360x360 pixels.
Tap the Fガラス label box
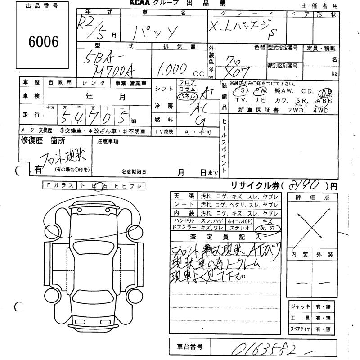tap(60, 185)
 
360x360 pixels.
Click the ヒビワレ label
tap(127, 185)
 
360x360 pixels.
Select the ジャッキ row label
tap(300, 306)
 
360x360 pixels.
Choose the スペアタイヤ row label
tap(300, 329)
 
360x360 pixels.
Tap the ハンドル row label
tap(184, 221)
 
